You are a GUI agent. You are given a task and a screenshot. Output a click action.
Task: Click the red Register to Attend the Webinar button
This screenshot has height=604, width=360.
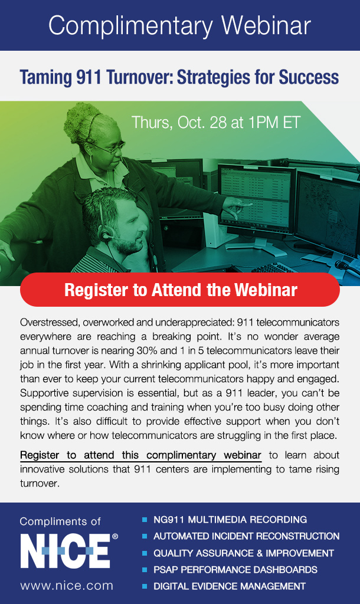click(x=180, y=290)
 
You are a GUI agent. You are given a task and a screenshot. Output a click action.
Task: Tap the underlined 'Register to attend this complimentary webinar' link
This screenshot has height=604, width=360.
click(x=140, y=455)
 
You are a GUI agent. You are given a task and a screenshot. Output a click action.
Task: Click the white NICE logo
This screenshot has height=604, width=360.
click(x=66, y=551)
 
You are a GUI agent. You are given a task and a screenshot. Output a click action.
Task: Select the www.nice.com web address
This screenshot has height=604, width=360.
click(x=67, y=586)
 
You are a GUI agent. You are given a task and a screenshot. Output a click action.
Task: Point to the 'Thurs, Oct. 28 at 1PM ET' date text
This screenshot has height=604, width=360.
click(x=216, y=123)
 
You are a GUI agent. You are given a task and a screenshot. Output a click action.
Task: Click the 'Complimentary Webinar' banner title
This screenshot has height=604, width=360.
click(x=179, y=26)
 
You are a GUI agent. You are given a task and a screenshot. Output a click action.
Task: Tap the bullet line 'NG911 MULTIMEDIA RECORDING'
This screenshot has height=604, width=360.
click(x=230, y=520)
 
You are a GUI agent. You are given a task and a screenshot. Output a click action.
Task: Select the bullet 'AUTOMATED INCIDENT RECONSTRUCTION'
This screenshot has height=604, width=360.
click(x=246, y=536)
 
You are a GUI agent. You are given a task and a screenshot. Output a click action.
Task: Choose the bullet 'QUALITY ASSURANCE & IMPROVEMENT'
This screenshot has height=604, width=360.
click(x=244, y=553)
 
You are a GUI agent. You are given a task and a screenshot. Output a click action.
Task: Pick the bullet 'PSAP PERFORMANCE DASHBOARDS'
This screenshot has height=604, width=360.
click(x=235, y=570)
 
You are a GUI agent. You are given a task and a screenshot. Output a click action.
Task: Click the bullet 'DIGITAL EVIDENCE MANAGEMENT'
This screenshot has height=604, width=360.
click(x=230, y=586)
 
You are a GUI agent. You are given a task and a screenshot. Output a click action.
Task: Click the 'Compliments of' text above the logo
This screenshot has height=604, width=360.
click(x=60, y=521)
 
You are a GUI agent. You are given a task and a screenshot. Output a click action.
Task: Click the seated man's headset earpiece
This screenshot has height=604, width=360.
click(x=105, y=234)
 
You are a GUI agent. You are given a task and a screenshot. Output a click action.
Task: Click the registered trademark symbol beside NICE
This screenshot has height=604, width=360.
click(x=115, y=536)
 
